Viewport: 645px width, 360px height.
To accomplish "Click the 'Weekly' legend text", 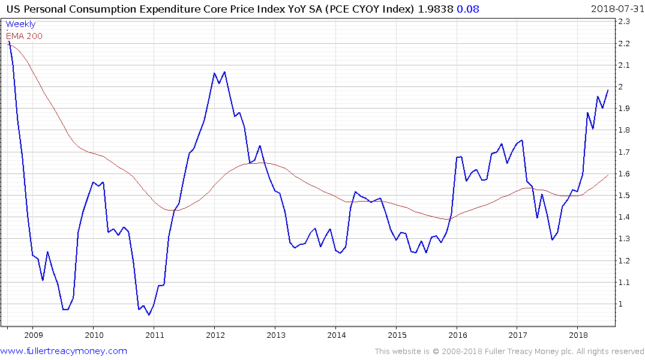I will point(20,24).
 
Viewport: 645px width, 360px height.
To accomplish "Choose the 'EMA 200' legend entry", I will point(24,36).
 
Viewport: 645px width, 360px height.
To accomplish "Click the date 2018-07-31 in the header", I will point(616,9).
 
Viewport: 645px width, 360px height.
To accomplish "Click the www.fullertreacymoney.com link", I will point(64,351).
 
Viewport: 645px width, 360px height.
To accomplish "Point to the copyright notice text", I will point(509,352).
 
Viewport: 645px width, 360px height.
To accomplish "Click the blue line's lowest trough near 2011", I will point(149,314).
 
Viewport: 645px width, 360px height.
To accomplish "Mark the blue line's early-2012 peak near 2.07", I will point(224,72).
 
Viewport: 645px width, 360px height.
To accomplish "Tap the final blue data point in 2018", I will point(608,90).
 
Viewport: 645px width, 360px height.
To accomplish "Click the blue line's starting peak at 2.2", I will point(8,41).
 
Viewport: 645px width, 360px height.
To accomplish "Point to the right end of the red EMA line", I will point(608,175).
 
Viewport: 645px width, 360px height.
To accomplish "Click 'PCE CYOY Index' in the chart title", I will point(368,9).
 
